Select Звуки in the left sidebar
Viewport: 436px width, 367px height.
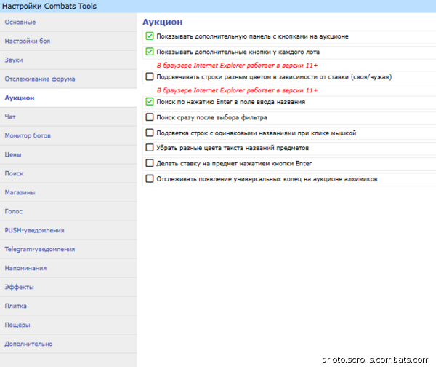14,60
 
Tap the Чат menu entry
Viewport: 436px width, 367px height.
10,117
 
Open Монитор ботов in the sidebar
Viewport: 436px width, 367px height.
27,135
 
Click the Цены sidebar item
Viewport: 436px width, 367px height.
13,154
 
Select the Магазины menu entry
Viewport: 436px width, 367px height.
20,192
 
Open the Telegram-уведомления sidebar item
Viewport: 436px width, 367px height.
39,249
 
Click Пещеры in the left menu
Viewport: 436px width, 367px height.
17,325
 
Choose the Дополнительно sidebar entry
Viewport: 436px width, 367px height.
28,344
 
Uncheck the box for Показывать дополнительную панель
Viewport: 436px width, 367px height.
150,36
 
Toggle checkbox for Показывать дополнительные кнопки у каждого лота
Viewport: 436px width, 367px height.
150,52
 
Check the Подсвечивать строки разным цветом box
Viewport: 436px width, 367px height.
150,76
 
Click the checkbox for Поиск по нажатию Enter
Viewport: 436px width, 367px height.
150,102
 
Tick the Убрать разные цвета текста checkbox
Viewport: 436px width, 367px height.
150,147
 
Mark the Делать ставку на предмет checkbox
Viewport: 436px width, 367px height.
150,163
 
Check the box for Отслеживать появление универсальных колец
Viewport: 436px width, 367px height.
150,178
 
